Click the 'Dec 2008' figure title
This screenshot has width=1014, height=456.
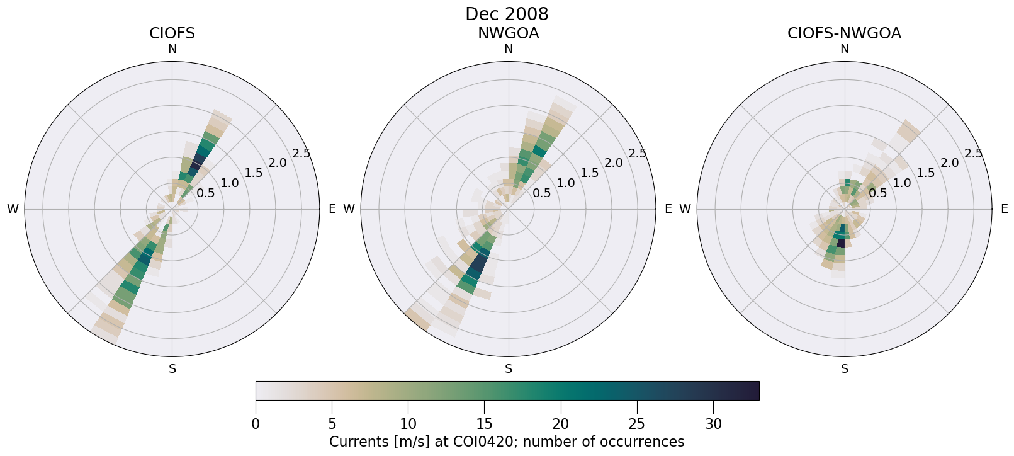tap(507, 14)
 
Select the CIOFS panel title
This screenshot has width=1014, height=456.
tap(172, 33)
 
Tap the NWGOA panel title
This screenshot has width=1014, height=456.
tap(508, 33)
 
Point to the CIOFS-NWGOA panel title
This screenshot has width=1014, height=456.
tap(844, 33)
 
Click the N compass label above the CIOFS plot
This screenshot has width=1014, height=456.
tap(172, 49)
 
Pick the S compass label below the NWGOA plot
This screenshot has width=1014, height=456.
tap(509, 369)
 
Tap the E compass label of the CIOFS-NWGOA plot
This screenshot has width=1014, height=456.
tap(1005, 209)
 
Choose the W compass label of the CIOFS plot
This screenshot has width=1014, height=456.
tap(13, 209)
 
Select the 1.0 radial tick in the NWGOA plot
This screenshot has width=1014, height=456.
tap(566, 183)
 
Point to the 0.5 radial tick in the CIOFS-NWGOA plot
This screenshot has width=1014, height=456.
tap(878, 193)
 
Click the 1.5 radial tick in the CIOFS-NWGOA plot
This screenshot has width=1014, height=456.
tap(926, 173)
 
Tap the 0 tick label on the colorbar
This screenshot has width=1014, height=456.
tap(256, 424)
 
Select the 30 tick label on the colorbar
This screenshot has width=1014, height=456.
tap(714, 424)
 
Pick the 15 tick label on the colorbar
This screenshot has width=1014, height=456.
tap(485, 424)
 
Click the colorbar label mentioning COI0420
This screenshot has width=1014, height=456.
tap(507, 442)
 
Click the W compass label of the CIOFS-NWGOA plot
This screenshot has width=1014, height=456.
tap(685, 209)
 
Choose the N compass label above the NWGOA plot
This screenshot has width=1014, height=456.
tap(509, 49)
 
